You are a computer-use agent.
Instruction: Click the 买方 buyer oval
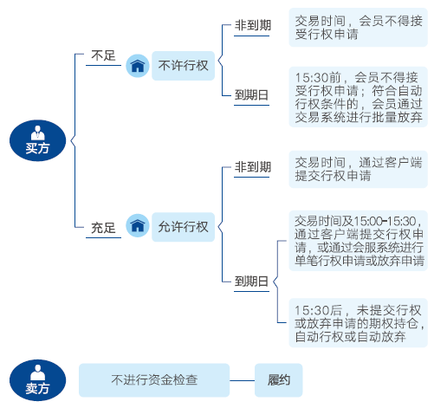[38, 140]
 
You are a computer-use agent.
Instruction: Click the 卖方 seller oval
[38, 380]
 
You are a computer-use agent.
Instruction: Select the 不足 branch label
[103, 55]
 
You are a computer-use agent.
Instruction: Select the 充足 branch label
[103, 228]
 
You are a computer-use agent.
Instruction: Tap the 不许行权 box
[183, 66]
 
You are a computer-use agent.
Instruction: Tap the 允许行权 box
[183, 227]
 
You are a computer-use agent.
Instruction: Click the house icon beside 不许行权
[138, 66]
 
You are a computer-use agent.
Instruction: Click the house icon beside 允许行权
[138, 225]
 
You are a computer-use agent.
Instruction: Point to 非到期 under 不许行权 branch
[253, 25]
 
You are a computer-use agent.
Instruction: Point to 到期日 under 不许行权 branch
[251, 94]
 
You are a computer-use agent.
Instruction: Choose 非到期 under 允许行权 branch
[253, 166]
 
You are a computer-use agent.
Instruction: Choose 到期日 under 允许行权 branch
[251, 281]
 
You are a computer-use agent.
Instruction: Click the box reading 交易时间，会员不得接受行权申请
[358, 28]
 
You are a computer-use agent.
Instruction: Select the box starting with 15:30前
[358, 97]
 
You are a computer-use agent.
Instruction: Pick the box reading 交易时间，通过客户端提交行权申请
[358, 169]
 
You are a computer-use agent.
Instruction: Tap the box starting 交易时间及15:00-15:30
[358, 241]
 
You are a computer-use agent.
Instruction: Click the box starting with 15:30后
[358, 323]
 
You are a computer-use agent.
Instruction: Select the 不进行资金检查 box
[154, 380]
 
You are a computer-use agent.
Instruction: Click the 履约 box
[278, 380]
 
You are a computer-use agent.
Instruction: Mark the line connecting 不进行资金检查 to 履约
[242, 380]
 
